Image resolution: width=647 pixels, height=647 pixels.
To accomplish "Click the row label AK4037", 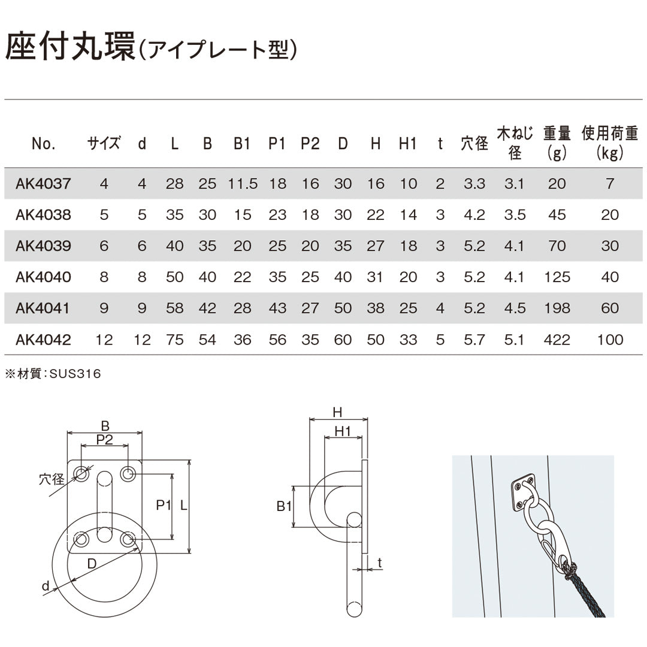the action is [43, 184].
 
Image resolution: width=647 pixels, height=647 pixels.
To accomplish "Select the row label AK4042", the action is [43, 340].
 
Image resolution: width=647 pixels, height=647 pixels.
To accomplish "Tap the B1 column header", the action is [242, 144].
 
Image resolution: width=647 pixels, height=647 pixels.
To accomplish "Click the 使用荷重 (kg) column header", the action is [610, 143].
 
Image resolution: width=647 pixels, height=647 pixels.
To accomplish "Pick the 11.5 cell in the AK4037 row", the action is [243, 184].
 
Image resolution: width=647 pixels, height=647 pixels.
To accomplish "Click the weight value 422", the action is [557, 340].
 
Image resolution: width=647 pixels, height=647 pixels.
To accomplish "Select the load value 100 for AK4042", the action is [610, 340].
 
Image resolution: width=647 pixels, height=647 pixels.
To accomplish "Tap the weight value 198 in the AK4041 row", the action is [557, 309].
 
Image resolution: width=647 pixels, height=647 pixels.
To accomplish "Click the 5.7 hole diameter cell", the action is [474, 340].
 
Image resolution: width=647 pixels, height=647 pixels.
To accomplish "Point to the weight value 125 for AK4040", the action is [557, 277].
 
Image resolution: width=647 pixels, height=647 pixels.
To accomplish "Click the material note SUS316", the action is [75, 374].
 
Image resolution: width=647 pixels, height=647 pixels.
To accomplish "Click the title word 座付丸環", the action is [70, 47].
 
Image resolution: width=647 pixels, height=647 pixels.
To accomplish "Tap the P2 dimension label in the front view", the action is [104, 440].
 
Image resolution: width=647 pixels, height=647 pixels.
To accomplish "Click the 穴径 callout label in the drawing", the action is [52, 479].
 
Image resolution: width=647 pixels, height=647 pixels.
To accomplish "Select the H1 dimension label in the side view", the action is [343, 431].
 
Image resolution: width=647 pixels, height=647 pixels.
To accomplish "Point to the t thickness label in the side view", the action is [379, 563].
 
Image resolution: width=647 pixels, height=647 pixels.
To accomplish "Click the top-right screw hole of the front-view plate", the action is [128, 473].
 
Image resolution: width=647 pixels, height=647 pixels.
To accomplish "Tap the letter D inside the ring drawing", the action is [92, 563].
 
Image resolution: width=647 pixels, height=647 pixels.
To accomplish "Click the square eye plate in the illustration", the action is [523, 492].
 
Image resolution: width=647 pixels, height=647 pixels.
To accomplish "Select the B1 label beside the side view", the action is [285, 506].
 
